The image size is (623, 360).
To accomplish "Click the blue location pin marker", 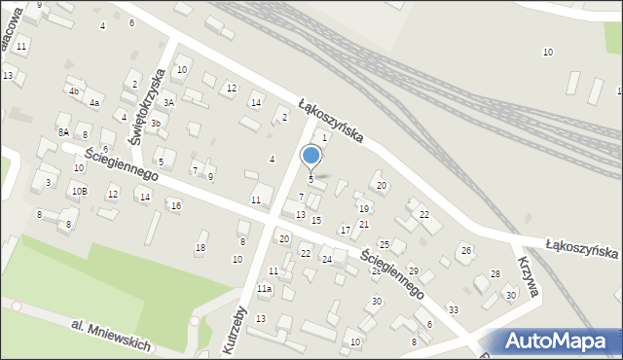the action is [311, 157].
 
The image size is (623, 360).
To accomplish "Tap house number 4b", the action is [74, 90].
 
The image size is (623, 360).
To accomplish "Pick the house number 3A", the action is [168, 102].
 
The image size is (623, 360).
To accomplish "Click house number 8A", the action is [63, 132].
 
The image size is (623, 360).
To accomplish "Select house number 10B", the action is [79, 191].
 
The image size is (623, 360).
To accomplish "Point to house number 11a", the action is [264, 289].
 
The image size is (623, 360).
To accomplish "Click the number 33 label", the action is [454, 309].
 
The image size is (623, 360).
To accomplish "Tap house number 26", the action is [466, 251].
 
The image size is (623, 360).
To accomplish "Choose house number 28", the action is [495, 273].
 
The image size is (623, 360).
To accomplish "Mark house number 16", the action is [175, 205].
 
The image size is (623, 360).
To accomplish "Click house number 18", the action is [201, 248].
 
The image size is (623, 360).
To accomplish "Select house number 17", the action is [345, 230].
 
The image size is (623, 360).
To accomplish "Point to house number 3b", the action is [155, 124].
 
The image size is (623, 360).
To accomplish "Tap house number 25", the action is [385, 244].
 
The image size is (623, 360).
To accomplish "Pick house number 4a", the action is [94, 102].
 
